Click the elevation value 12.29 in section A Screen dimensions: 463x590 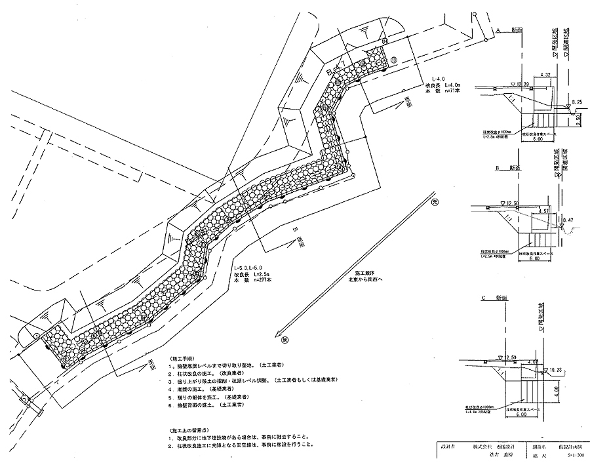523,85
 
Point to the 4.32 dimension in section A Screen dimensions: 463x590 545,75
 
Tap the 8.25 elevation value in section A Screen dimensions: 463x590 577,102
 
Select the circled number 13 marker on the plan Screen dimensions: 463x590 393,60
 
